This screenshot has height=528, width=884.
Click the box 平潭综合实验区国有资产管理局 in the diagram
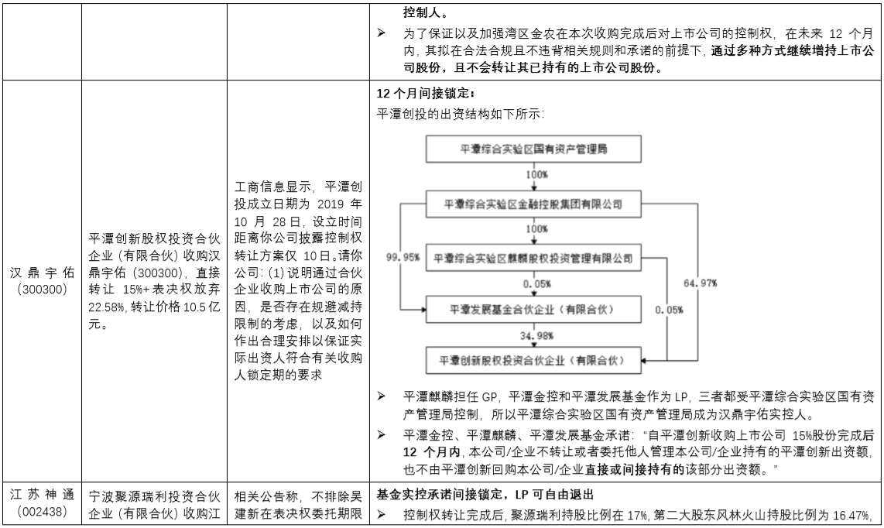[x=533, y=149]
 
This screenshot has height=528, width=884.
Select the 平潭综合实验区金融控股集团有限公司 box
[x=533, y=204]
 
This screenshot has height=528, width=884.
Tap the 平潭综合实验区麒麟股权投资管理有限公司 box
[x=533, y=259]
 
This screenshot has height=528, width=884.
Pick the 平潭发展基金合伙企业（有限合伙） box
[x=533, y=309]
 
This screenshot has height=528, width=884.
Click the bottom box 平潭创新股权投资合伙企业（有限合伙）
[x=533, y=360]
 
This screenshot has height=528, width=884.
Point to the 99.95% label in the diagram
[x=403, y=257]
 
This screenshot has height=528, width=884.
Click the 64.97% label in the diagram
[x=701, y=283]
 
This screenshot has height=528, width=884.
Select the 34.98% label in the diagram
[x=536, y=336]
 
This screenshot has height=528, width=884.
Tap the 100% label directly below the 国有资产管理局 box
[x=536, y=175]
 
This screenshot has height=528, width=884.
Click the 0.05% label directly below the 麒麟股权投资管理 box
[x=536, y=284]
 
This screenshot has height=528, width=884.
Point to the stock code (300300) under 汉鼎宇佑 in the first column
[x=43, y=290]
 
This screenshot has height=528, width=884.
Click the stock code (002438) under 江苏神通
[x=43, y=512]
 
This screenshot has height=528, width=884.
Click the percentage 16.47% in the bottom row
[x=850, y=515]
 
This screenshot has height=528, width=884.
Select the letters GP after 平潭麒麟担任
[x=488, y=396]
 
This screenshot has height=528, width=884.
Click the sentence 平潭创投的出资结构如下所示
[x=461, y=114]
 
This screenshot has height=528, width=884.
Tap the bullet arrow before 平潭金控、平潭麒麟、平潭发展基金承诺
[x=382, y=435]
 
